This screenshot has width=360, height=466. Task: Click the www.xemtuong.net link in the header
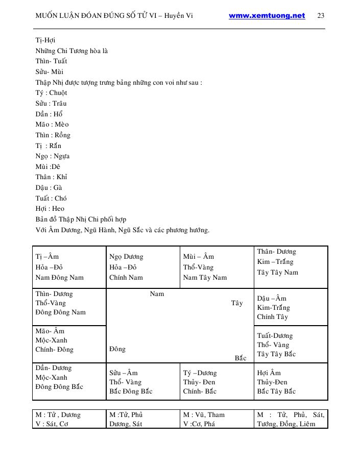pos(267,16)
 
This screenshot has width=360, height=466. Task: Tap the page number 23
pos(321,16)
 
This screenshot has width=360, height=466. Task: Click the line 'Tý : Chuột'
pos(51,93)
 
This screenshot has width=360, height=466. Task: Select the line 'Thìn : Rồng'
pos(53,135)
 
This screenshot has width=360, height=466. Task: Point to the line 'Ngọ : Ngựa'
pos(53,156)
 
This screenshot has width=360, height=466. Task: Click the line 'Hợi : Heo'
pos(50,209)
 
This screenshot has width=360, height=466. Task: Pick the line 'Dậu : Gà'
pos(49,188)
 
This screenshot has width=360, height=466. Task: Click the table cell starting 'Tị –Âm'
pos(69,267)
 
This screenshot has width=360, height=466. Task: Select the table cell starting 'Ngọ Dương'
pos(142,267)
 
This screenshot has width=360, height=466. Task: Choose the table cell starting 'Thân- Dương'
pos(291,267)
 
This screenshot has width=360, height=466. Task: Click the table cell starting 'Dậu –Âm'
pos(291,307)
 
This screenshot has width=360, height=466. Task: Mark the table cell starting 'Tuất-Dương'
pos(291,345)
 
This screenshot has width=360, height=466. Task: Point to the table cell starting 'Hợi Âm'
pos(291,382)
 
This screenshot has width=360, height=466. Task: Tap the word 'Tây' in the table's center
pos(237,303)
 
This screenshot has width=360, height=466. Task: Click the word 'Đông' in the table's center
pos(117,350)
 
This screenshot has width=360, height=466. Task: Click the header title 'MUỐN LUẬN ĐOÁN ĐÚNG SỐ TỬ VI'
pos(113,16)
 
